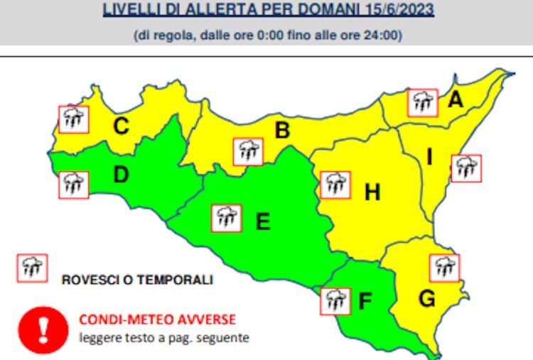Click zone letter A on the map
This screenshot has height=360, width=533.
[x=455, y=101]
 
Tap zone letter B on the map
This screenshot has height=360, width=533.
[x=282, y=131]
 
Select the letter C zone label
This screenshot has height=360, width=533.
[x=122, y=127]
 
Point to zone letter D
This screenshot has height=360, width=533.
[x=121, y=175]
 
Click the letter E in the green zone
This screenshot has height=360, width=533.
[x=262, y=222]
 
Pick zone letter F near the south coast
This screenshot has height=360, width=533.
[x=365, y=302]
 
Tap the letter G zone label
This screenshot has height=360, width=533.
[x=426, y=300]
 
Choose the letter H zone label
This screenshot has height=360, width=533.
[x=372, y=192]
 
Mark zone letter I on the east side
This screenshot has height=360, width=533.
[x=429, y=158]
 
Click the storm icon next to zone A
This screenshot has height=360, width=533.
[x=422, y=102]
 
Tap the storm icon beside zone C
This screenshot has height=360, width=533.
[x=73, y=119]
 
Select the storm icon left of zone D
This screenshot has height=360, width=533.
[x=73, y=184]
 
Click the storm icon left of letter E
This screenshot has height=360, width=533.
[x=227, y=218]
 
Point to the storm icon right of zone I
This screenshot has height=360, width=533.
[x=466, y=168]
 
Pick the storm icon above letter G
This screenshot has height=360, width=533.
[x=445, y=268]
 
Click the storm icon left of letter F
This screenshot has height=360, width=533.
[x=335, y=300]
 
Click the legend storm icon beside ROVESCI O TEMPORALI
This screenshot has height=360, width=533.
[x=32, y=268]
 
